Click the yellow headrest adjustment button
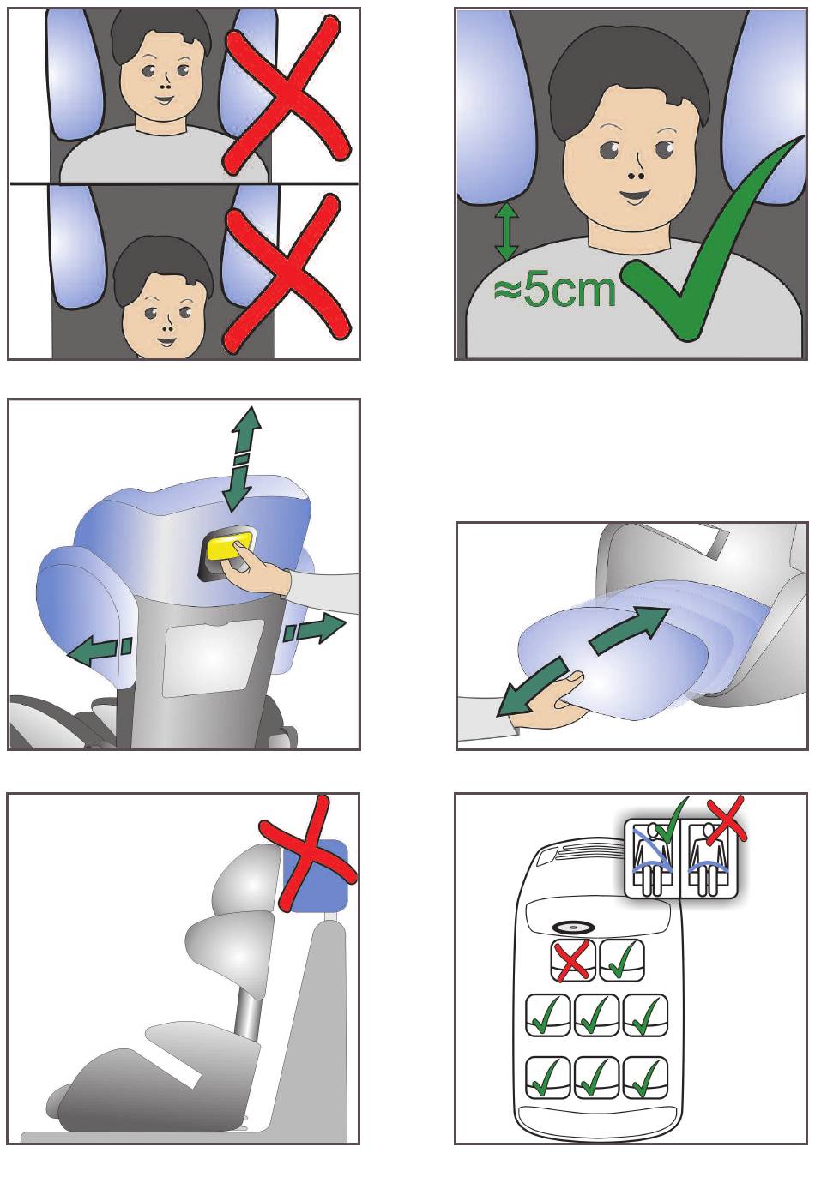point(229,545)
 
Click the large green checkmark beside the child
point(712,237)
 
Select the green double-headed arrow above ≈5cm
point(506,231)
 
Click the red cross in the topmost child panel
point(286,95)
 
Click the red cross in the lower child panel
point(287,273)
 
